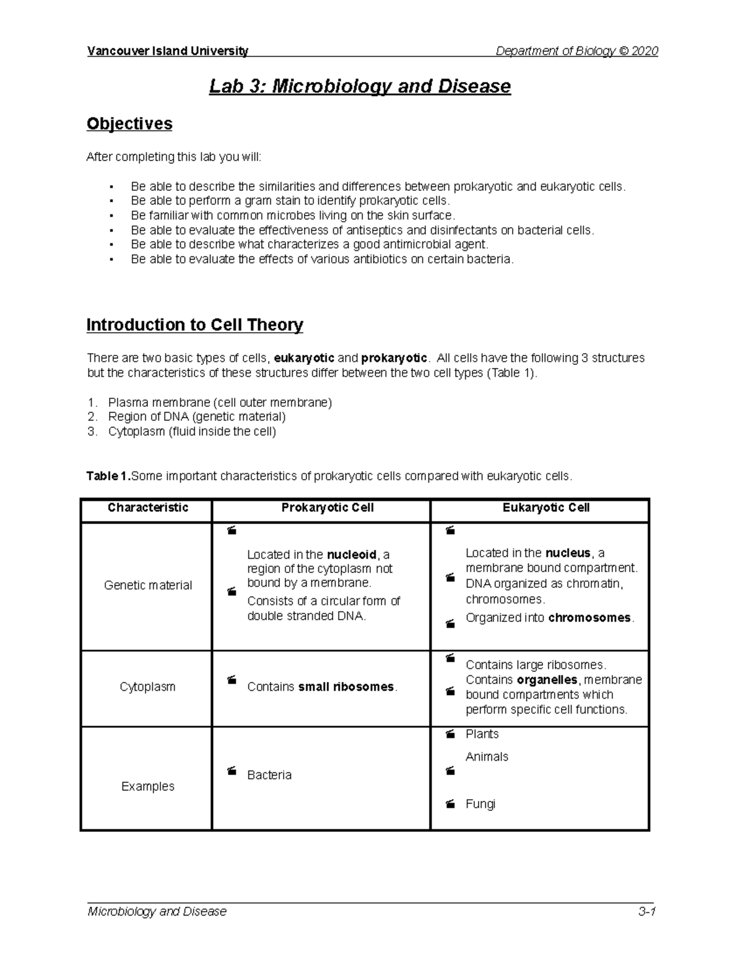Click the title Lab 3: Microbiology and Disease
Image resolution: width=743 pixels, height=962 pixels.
[360, 86]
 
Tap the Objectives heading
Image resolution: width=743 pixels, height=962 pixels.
[129, 124]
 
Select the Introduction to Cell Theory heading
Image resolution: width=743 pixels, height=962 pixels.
[194, 325]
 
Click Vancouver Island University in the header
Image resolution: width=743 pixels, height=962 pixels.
[167, 51]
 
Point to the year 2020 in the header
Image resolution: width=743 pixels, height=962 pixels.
[645, 51]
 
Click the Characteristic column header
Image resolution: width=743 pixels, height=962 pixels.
[147, 508]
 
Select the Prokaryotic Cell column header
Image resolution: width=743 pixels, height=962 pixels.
[327, 508]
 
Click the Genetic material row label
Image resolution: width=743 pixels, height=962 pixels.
[147, 585]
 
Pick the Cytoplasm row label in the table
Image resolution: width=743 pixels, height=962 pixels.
[147, 687]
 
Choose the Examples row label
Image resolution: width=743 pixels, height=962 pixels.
[147, 787]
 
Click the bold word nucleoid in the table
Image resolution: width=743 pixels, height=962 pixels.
[351, 554]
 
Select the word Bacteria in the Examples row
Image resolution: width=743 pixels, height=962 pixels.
[269, 775]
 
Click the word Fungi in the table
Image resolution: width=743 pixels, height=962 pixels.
[480, 804]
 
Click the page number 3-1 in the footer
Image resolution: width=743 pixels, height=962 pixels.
[647, 912]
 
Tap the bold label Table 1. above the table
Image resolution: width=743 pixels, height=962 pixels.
[108, 476]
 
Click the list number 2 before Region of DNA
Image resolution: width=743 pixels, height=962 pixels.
[92, 417]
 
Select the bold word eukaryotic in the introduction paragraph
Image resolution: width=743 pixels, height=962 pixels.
[303, 358]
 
